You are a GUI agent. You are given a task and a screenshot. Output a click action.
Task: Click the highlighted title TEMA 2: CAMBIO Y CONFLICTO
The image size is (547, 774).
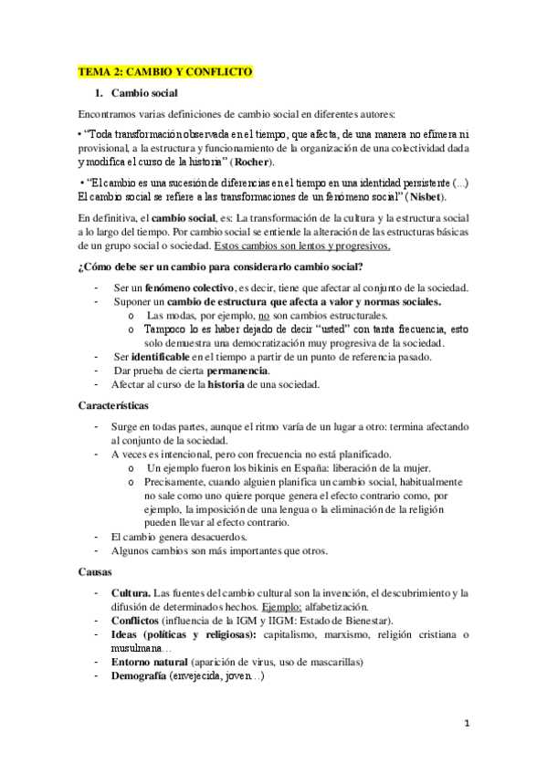(164, 71)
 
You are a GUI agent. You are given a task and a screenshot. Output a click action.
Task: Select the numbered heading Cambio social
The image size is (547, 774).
(144, 93)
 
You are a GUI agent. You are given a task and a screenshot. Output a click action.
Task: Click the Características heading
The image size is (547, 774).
(113, 404)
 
